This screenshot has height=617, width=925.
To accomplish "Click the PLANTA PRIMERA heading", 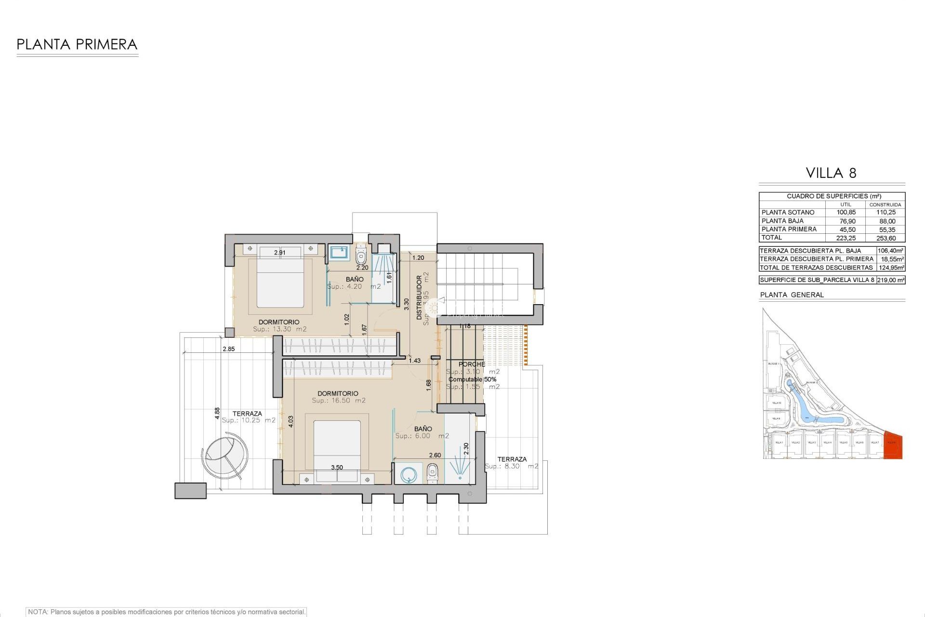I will coord(77,45).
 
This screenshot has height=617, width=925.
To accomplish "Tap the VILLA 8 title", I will coord(831,173).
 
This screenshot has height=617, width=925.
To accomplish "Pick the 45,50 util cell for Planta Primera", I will coord(847,230).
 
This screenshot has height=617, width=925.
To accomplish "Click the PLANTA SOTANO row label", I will coord(788,213).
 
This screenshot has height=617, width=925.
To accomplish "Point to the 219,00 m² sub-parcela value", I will coord(891,280).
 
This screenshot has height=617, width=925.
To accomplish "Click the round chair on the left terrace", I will coord(225,454).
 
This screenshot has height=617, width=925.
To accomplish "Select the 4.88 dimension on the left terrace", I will coord(217,413).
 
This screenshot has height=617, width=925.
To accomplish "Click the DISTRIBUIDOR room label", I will coord(419,297).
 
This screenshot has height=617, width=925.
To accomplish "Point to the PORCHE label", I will coord(472,364).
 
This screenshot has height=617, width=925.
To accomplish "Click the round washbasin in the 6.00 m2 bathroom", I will coord(409,474).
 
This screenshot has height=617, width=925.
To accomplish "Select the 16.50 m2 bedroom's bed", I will coord(337,444).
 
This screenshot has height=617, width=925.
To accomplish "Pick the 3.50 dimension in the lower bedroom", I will coord(337,468).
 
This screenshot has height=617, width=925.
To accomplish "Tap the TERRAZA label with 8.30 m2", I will coord(512,459).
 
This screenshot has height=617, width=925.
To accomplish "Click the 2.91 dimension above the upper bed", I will coord(279,253).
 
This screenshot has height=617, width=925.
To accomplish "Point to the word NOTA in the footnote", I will coord(38,612).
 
